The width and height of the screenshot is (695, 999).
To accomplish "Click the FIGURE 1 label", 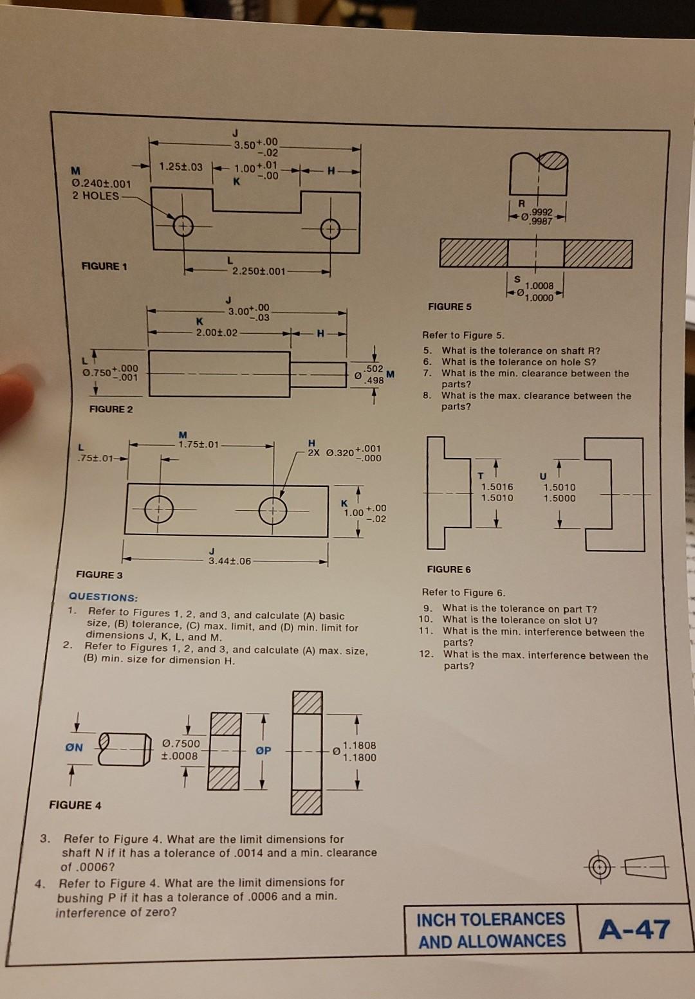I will click(x=104, y=266).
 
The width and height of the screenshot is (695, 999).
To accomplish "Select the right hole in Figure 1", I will click(x=330, y=229).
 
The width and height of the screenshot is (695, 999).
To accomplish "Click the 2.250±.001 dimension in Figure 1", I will click(x=258, y=271).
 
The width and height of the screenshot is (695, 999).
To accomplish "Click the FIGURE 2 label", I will click(x=111, y=409).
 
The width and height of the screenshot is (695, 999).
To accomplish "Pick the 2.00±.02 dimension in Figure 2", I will click(x=216, y=333).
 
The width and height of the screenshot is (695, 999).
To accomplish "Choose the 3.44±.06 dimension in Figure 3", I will click(x=229, y=560).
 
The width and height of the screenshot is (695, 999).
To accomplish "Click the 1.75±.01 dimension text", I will click(x=199, y=444).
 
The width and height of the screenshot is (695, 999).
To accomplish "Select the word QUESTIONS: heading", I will click(x=103, y=597).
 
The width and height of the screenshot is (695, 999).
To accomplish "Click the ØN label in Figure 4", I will click(x=74, y=747).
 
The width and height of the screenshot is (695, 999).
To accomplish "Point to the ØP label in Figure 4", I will click(x=263, y=750).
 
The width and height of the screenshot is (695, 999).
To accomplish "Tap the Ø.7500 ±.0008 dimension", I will click(x=181, y=749).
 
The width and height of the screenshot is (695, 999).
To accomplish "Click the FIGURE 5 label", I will click(x=449, y=306).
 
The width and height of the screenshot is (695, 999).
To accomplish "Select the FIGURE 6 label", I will click(x=449, y=569).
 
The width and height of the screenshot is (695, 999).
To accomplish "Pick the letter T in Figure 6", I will click(x=480, y=475).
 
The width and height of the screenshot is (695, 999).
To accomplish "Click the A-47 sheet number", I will click(x=634, y=930).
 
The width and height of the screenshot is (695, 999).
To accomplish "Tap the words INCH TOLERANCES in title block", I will click(x=490, y=919).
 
